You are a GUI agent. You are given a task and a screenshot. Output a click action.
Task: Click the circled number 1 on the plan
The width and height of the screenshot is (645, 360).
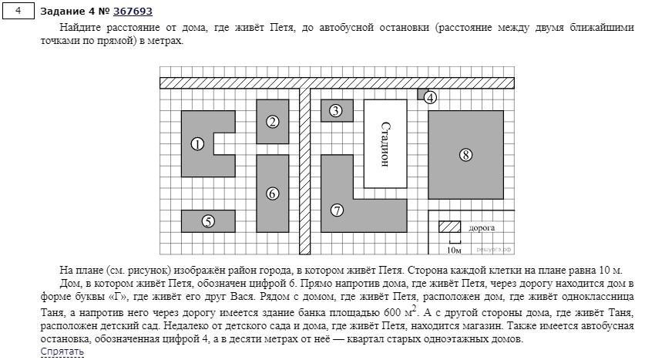198,143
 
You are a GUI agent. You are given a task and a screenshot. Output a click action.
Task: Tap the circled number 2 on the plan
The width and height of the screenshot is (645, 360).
272,121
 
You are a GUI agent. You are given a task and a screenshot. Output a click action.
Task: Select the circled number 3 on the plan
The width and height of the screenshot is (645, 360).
335,111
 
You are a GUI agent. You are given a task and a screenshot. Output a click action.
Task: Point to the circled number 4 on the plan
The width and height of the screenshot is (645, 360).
430,98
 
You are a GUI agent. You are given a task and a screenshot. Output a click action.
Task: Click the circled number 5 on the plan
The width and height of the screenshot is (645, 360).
208,221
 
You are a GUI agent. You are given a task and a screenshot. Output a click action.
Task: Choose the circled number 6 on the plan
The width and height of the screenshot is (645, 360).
272,193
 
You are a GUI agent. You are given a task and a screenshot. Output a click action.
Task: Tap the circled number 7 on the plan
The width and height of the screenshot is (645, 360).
337,210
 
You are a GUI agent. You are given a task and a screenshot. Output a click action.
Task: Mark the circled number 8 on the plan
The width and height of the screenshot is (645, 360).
465,155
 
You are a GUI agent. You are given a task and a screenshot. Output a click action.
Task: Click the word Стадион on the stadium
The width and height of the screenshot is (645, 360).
385,143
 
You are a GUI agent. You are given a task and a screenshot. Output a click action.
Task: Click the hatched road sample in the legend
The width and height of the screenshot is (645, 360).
450,227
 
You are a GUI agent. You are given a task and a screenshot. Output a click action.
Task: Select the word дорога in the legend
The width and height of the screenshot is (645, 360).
482,228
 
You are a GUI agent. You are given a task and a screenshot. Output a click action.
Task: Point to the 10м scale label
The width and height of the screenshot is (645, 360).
454,250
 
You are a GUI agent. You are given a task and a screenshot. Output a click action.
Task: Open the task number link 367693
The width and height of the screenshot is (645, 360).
133,11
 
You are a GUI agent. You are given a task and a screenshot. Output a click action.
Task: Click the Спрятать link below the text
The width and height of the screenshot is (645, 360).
62,352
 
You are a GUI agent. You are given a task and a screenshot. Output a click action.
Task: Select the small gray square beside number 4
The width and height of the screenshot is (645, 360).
422,93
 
